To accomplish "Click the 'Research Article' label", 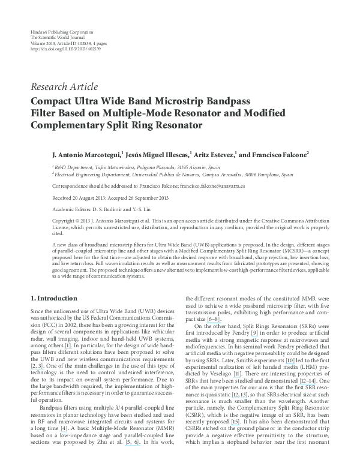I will pos(64,86).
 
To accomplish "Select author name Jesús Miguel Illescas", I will pos(156,154).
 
